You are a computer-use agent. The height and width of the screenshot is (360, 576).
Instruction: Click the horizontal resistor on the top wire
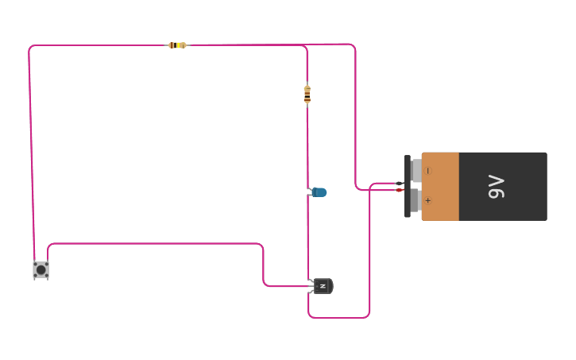click(177, 45)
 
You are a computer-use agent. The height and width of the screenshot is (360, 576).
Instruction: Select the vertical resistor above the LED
click(307, 94)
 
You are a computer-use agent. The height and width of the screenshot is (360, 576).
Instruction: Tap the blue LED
click(318, 192)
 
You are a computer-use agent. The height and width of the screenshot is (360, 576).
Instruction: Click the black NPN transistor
click(323, 286)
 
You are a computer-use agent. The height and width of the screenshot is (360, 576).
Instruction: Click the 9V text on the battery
click(497, 187)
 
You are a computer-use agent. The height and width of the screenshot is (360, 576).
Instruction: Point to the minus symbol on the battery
click(428, 171)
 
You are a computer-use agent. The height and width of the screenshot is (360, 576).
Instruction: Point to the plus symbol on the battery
click(428, 200)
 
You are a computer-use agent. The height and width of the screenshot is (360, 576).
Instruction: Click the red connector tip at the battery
click(400, 190)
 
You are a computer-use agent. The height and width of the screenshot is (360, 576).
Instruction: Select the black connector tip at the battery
click(400, 183)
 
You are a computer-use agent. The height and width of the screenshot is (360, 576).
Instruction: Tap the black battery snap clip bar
click(408, 186)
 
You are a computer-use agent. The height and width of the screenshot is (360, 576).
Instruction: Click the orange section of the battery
click(440, 187)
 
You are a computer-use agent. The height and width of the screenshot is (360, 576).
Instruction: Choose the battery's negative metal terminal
click(416, 170)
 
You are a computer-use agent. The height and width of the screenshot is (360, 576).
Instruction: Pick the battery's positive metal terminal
click(416, 200)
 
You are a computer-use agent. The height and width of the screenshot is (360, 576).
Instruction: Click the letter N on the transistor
click(323, 286)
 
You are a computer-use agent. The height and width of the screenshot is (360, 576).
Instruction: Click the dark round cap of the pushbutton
click(41, 270)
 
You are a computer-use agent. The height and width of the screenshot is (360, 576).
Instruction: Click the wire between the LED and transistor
click(307, 237)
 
